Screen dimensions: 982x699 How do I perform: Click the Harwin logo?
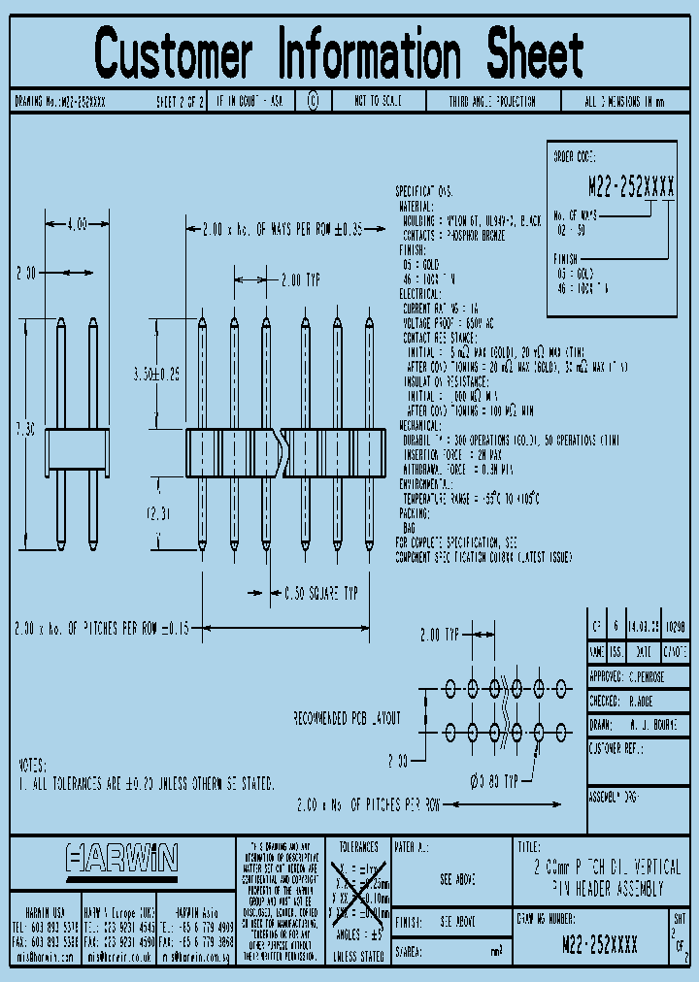point(122,858)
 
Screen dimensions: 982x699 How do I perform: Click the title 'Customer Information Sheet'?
point(339,53)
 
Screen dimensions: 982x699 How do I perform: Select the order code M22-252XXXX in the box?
point(631,189)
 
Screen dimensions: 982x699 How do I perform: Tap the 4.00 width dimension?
point(77,224)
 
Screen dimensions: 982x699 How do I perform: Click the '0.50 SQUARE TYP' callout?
point(320,590)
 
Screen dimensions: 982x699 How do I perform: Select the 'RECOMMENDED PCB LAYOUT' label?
point(347,718)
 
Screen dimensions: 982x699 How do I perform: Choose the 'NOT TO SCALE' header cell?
point(378,101)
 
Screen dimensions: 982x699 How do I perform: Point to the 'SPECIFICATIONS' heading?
point(424,191)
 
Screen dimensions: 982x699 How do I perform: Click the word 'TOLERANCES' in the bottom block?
point(357,846)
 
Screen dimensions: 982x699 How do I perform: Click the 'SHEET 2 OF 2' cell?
point(180,101)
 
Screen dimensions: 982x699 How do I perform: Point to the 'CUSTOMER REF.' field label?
point(616,748)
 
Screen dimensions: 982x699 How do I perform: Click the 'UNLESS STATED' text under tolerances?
point(357,957)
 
